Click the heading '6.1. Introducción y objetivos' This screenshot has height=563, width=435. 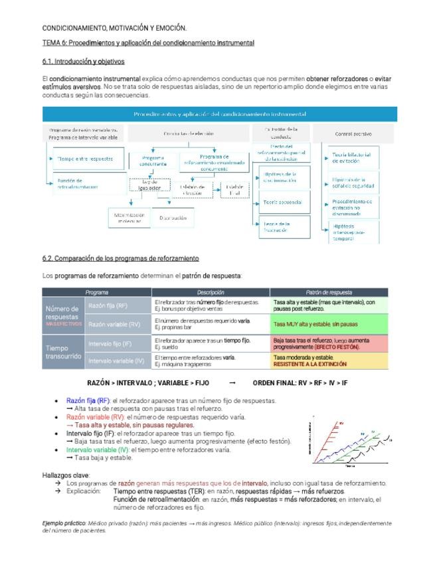click(x=83, y=61)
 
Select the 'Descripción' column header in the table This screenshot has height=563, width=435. click(x=211, y=292)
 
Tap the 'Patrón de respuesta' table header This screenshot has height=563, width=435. click(x=329, y=292)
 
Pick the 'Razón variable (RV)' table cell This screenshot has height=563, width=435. click(x=114, y=325)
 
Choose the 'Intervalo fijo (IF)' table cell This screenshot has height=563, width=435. click(x=110, y=343)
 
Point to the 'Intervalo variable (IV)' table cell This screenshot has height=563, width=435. click(x=116, y=361)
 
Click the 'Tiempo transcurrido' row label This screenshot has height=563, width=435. click(x=63, y=352)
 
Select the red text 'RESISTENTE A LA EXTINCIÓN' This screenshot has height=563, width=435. click(x=309, y=364)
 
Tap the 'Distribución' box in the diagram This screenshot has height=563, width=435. click(x=173, y=217)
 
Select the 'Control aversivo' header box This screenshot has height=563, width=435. click(x=352, y=133)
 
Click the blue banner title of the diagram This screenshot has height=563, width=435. click(x=218, y=114)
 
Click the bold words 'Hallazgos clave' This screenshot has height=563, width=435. click(x=64, y=475)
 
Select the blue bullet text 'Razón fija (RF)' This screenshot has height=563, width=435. click(x=88, y=401)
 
